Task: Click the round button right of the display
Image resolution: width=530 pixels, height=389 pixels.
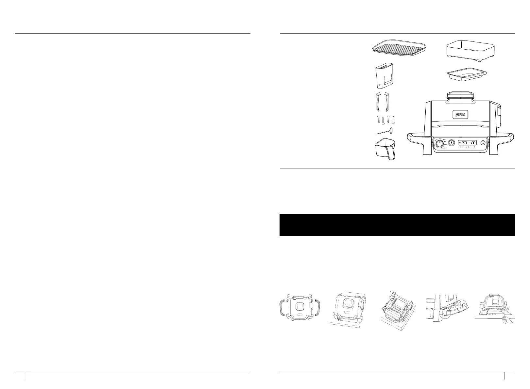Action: [x=483, y=143]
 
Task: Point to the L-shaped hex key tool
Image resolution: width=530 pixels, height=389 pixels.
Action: [x=385, y=132]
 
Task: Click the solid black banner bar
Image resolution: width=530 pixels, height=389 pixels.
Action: [x=397, y=225]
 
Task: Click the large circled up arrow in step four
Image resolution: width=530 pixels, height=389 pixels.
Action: [x=445, y=316]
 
